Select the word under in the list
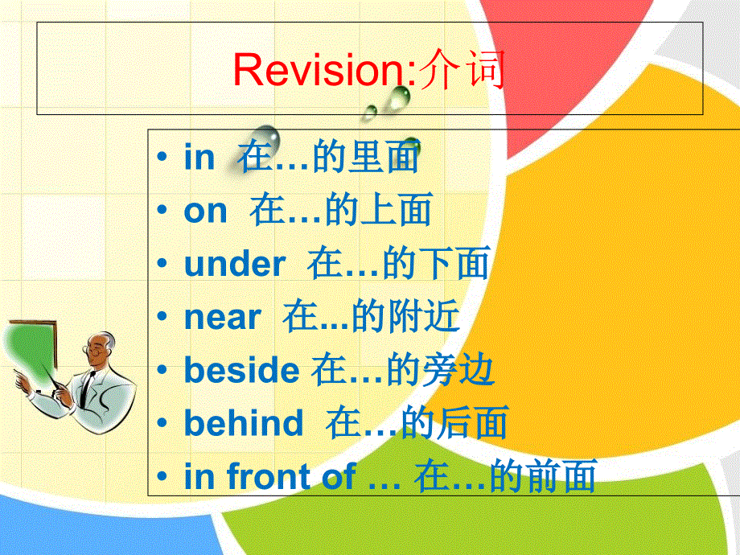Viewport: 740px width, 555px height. (x=235, y=265)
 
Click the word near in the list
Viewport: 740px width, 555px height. (x=223, y=318)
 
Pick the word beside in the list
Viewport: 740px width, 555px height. (x=241, y=370)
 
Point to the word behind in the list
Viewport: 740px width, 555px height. (x=244, y=423)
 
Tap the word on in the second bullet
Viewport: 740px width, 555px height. (x=206, y=212)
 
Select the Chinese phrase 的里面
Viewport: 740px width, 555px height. (x=366, y=158)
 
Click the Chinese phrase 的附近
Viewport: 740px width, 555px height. (x=406, y=318)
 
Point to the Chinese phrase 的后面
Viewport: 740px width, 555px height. (x=454, y=423)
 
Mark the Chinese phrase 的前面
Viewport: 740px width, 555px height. (x=543, y=477)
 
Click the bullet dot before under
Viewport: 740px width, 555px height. (x=164, y=265)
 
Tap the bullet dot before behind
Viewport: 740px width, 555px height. (x=164, y=423)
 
